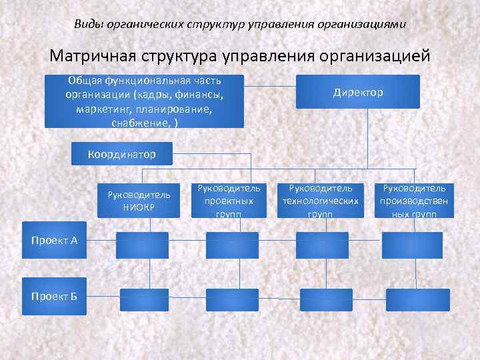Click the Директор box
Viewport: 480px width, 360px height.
(x=358, y=92)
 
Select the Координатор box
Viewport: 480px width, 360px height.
(x=121, y=154)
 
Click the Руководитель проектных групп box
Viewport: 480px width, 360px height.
(x=229, y=200)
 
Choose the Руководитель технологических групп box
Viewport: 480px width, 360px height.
(x=321, y=200)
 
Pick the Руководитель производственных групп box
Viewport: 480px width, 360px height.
(x=414, y=200)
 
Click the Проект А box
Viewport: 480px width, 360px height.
(x=54, y=240)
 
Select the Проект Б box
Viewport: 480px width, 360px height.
(x=54, y=295)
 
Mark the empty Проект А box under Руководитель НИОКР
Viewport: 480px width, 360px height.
(x=143, y=245)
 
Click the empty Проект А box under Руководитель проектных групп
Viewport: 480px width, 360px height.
(x=231, y=245)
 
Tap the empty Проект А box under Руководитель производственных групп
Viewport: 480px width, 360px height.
(x=412, y=245)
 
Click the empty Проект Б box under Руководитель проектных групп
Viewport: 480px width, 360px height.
(x=231, y=299)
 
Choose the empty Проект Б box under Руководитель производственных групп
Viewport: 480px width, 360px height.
(x=420, y=299)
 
